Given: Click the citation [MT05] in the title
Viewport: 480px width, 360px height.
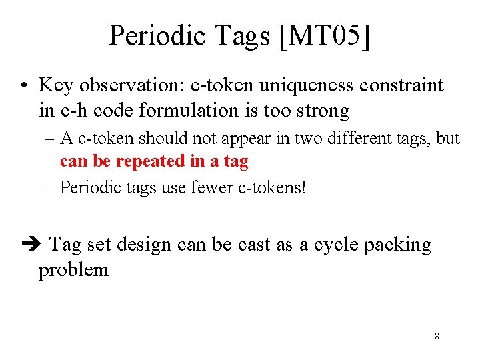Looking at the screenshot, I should [325, 35].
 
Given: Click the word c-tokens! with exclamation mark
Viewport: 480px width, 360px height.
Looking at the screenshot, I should [272, 187].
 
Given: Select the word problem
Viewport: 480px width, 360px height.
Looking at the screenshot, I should [73, 270].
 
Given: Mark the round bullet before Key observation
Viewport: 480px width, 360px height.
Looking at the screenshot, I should [23, 86].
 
